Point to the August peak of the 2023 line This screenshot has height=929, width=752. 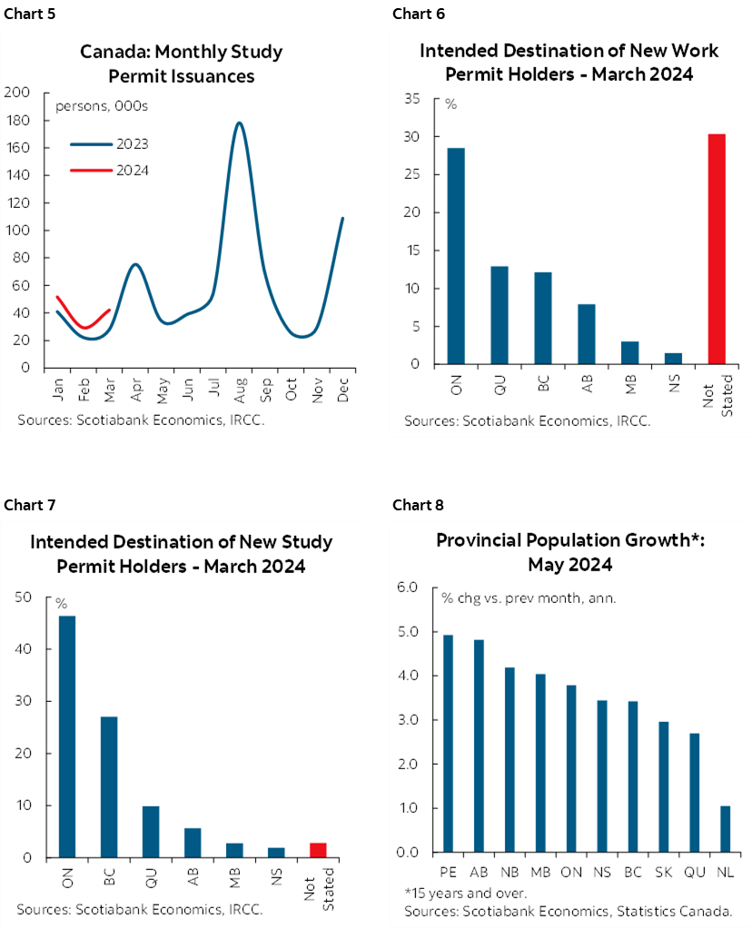239,124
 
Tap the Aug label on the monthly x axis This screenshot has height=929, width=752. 239,392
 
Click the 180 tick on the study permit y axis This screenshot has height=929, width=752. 17,120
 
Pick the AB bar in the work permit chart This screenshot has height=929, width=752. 587,334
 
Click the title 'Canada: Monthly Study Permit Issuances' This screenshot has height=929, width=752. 181,64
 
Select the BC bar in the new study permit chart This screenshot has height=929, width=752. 108,786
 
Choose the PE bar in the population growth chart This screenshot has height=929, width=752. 448,743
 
